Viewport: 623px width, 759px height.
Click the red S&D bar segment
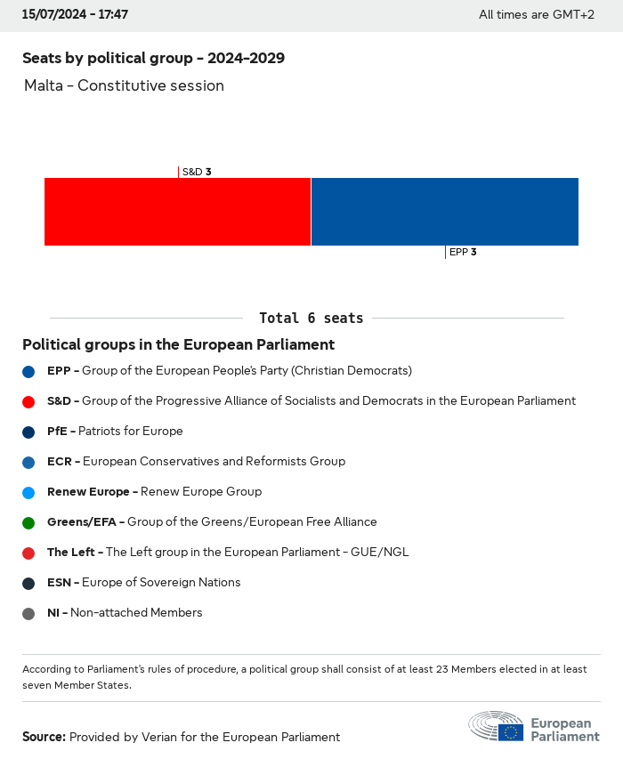tap(177, 212)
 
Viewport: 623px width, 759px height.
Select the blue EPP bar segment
tap(444, 212)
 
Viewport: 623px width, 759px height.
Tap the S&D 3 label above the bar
tap(196, 172)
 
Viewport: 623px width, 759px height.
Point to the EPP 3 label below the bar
tap(463, 252)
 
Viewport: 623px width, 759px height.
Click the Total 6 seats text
tap(311, 318)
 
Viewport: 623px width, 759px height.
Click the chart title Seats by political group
tap(153, 58)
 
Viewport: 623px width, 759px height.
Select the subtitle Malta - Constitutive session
tap(124, 85)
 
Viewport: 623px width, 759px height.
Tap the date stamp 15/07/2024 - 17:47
tap(75, 14)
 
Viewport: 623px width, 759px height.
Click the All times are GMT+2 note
tap(536, 14)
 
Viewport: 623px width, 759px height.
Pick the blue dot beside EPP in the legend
tap(28, 371)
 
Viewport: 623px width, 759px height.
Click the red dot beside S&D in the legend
tap(28, 401)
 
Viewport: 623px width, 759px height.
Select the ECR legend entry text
tap(196, 462)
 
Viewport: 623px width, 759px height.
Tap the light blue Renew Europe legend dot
tap(28, 492)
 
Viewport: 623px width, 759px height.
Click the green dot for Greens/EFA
tap(28, 522)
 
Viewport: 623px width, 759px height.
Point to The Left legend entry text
tap(228, 553)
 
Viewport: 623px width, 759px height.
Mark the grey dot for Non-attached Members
tap(28, 613)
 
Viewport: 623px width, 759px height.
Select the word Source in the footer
tap(44, 737)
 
